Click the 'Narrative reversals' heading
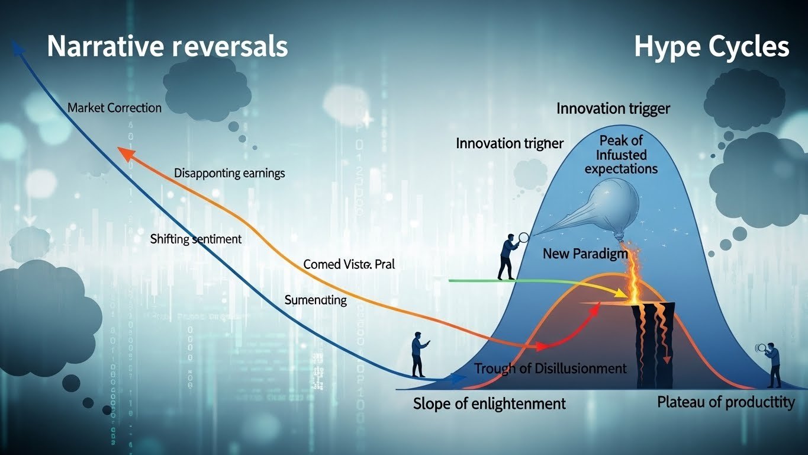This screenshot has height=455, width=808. click(x=167, y=46)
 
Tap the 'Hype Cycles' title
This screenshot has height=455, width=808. click(x=712, y=46)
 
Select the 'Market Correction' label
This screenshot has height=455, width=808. click(x=114, y=108)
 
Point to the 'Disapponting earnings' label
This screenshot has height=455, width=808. click(x=229, y=174)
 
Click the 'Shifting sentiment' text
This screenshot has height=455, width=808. click(x=196, y=239)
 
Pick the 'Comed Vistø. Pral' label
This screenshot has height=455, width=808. click(x=349, y=265)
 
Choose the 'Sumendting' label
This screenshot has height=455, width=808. click(x=316, y=300)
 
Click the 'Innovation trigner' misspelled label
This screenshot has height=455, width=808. click(x=510, y=143)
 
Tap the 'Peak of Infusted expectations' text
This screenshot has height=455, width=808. click(x=621, y=155)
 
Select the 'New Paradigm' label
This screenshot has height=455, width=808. click(x=584, y=254)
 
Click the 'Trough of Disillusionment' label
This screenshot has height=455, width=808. click(x=550, y=369)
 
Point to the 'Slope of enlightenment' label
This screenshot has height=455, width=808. click(x=489, y=404)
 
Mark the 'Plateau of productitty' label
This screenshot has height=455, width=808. click(x=726, y=402)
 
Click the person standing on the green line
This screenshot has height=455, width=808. click(x=507, y=255)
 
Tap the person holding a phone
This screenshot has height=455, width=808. click(x=419, y=354)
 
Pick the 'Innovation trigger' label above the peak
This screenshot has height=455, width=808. click(x=613, y=108)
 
